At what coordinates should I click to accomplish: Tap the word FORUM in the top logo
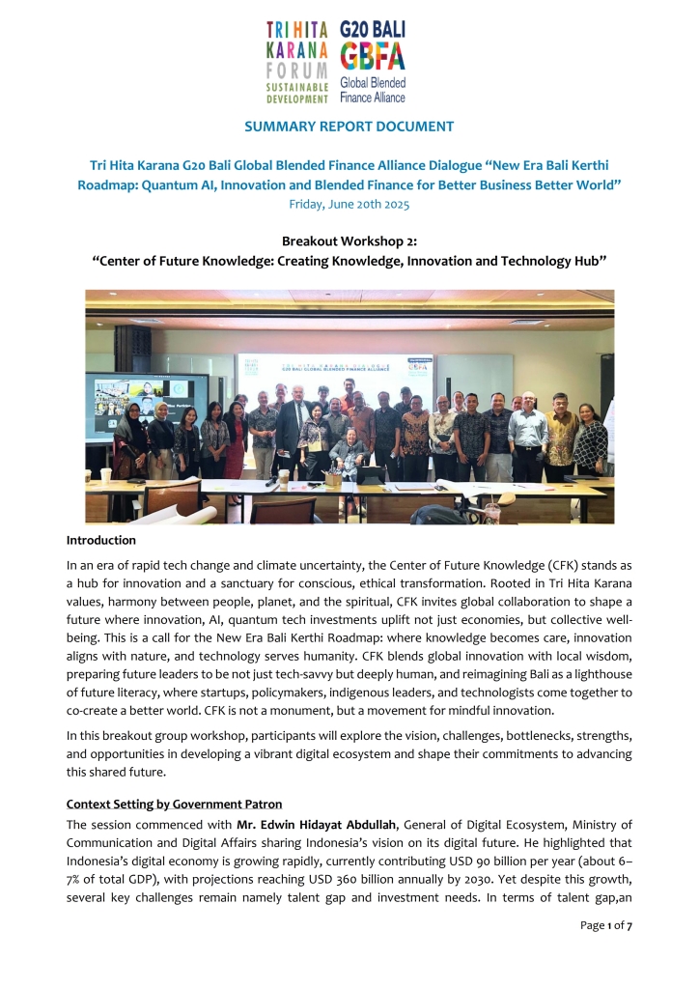(x=295, y=70)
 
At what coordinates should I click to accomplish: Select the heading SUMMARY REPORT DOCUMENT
(x=349, y=127)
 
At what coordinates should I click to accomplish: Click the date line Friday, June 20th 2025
(x=349, y=204)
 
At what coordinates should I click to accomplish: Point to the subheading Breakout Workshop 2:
(x=349, y=240)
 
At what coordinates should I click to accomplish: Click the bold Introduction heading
(x=100, y=540)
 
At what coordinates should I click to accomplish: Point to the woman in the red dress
(x=235, y=439)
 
